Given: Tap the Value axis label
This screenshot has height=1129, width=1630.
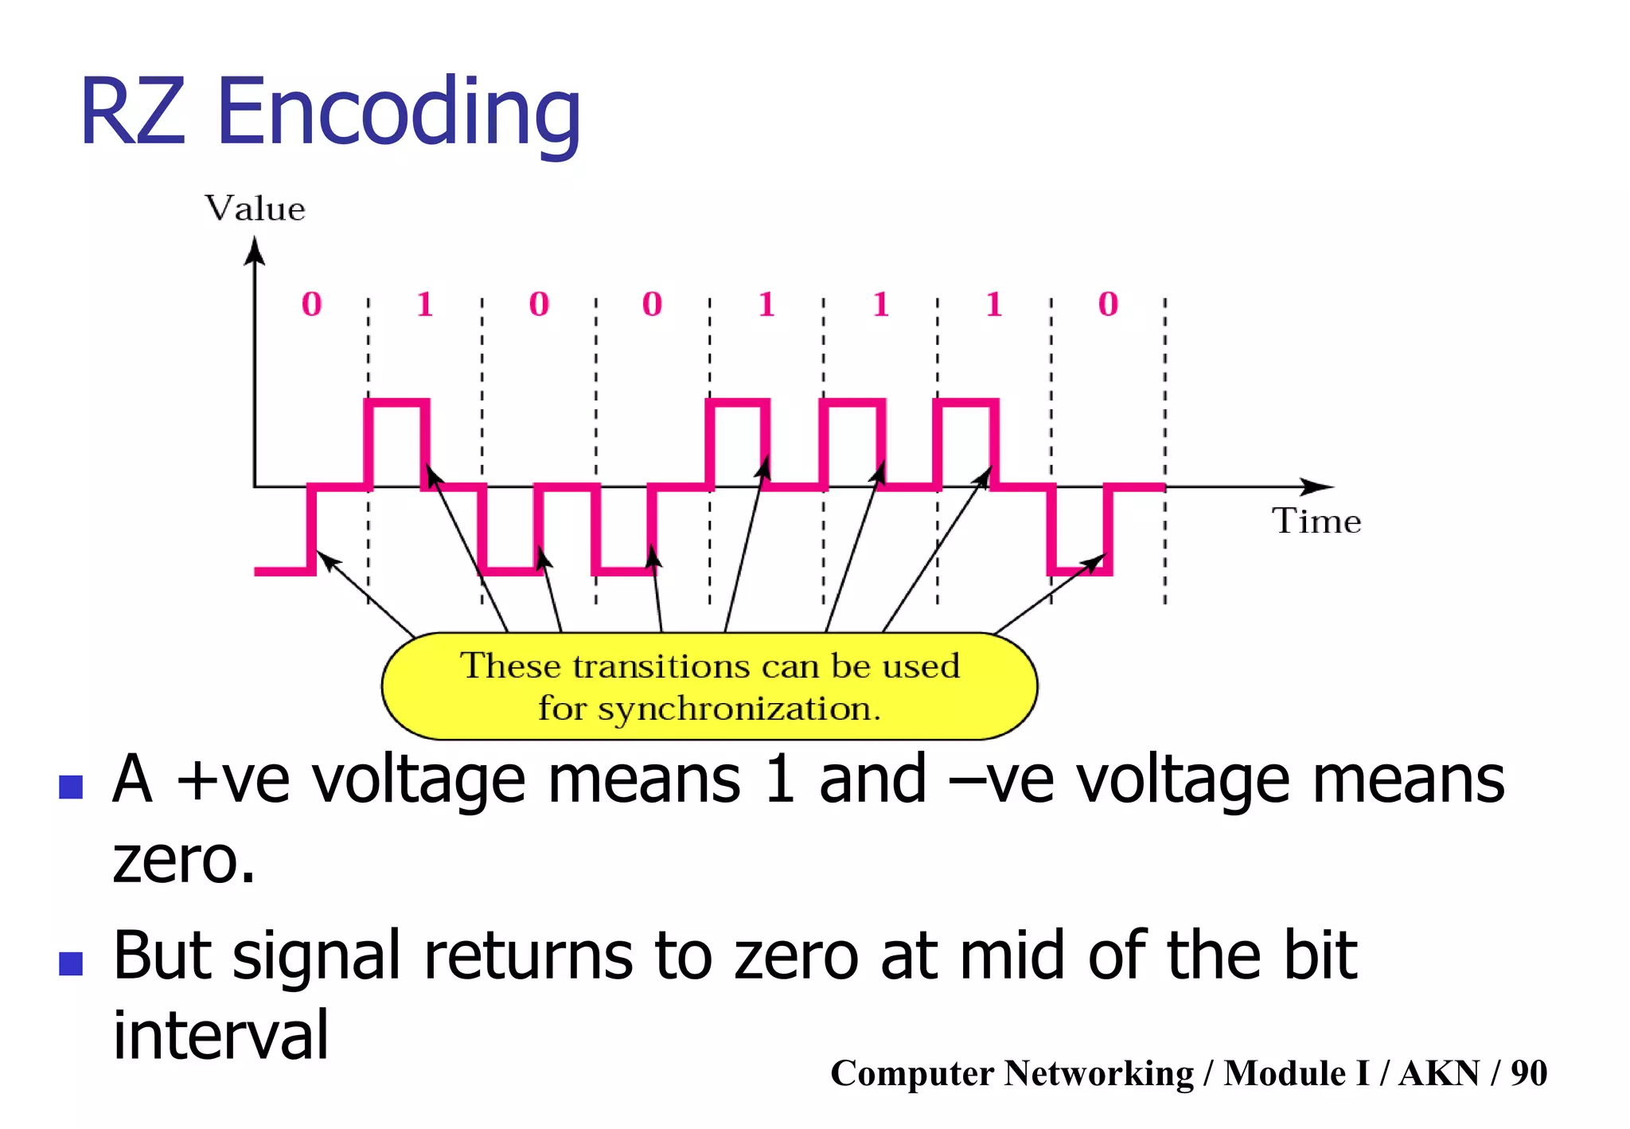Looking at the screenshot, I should tap(255, 209).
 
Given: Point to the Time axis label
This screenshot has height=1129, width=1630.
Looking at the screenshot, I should tap(1316, 522).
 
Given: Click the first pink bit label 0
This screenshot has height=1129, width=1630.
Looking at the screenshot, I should tap(311, 304).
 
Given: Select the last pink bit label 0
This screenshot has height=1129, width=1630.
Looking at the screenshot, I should tap(1108, 304).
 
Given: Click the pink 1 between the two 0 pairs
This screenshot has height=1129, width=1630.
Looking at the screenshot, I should tap(424, 304).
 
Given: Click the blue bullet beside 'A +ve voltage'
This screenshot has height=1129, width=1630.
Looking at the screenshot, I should tap(72, 787).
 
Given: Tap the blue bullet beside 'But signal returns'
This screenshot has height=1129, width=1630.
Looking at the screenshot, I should tap(72, 963).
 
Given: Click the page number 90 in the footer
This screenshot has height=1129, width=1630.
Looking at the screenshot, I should tap(1528, 1073).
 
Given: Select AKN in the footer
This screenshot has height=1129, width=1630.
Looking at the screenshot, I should tap(1439, 1073).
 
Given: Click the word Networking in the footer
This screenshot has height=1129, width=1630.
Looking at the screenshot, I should tap(1098, 1073).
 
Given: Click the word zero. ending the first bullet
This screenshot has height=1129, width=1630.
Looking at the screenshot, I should tap(184, 861).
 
